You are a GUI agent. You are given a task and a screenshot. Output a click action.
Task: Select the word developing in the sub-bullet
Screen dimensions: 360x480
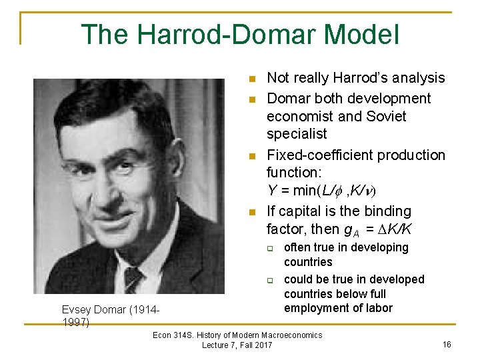(x=375, y=247)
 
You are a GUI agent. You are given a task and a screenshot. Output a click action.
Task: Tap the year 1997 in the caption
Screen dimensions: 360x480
(x=75, y=323)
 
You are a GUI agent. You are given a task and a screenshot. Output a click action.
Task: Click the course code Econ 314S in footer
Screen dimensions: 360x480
(x=175, y=335)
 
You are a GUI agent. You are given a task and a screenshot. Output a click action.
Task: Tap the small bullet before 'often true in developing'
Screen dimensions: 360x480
(x=271, y=248)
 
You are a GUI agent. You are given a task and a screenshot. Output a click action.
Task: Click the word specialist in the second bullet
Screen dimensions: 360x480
(x=297, y=134)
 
